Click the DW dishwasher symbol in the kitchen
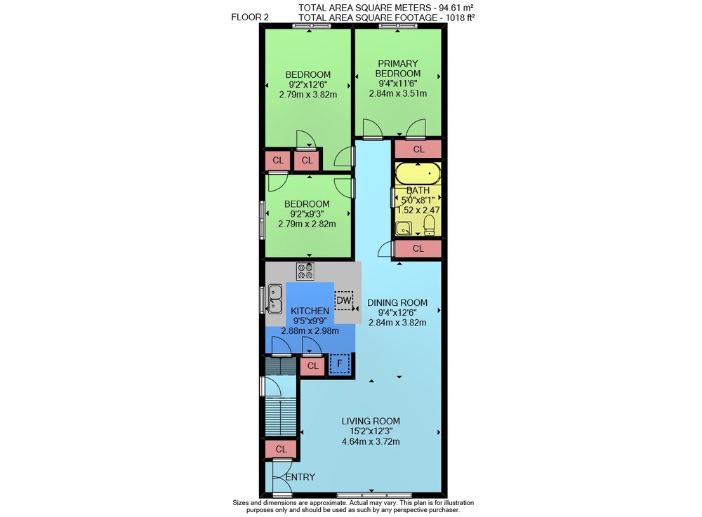click(x=344, y=300)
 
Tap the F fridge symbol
click(x=339, y=364)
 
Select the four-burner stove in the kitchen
click(x=305, y=271)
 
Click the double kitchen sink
click(x=275, y=299)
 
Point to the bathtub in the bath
click(x=418, y=173)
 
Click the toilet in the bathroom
click(x=430, y=225)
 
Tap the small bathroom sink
click(x=404, y=229)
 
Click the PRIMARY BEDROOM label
click(x=397, y=69)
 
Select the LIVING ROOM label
click(x=371, y=421)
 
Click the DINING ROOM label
click(x=397, y=302)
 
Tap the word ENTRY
click(x=300, y=477)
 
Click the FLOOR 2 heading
click(x=250, y=17)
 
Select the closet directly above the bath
click(x=418, y=149)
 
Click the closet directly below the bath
click(x=418, y=248)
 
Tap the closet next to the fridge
click(x=313, y=366)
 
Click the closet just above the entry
click(x=281, y=449)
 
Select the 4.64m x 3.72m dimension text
click(x=371, y=441)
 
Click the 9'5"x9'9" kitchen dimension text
click(x=310, y=321)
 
